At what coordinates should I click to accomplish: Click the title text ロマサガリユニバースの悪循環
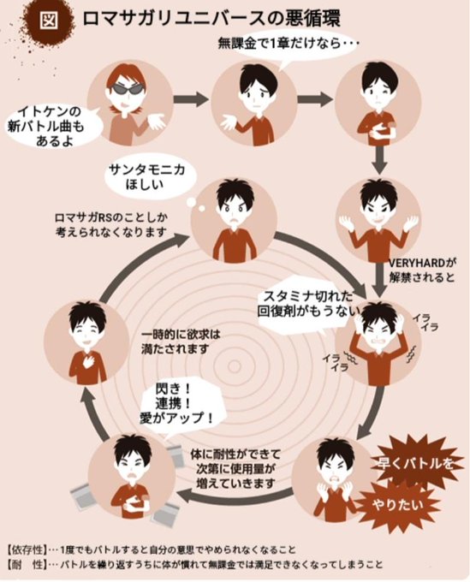coord(202,19)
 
